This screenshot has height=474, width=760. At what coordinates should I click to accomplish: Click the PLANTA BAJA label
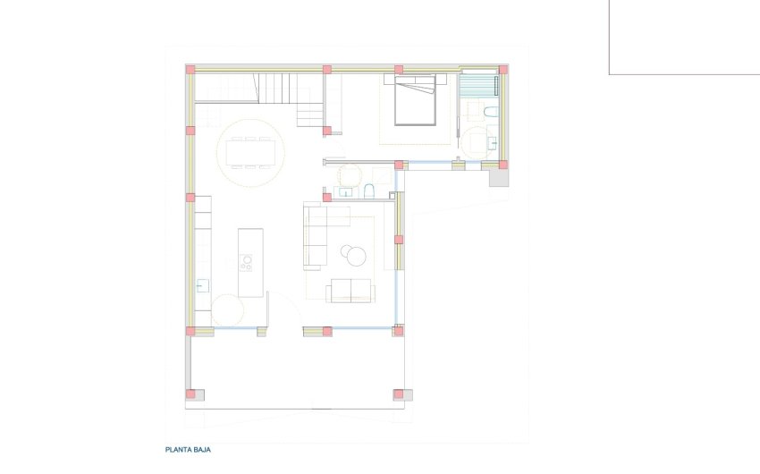(188, 451)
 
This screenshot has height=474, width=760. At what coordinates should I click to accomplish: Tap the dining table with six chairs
(251, 154)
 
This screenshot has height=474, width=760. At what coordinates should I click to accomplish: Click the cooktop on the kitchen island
(246, 262)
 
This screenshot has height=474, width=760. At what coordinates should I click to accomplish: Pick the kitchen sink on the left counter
(203, 285)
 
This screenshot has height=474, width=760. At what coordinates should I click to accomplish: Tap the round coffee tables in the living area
(355, 255)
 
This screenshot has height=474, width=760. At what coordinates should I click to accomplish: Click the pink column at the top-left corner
(190, 69)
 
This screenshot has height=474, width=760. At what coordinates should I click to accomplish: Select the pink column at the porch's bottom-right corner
(398, 393)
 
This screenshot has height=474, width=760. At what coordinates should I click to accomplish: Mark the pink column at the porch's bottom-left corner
(190, 393)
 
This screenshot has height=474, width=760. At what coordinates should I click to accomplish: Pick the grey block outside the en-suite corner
(498, 177)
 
